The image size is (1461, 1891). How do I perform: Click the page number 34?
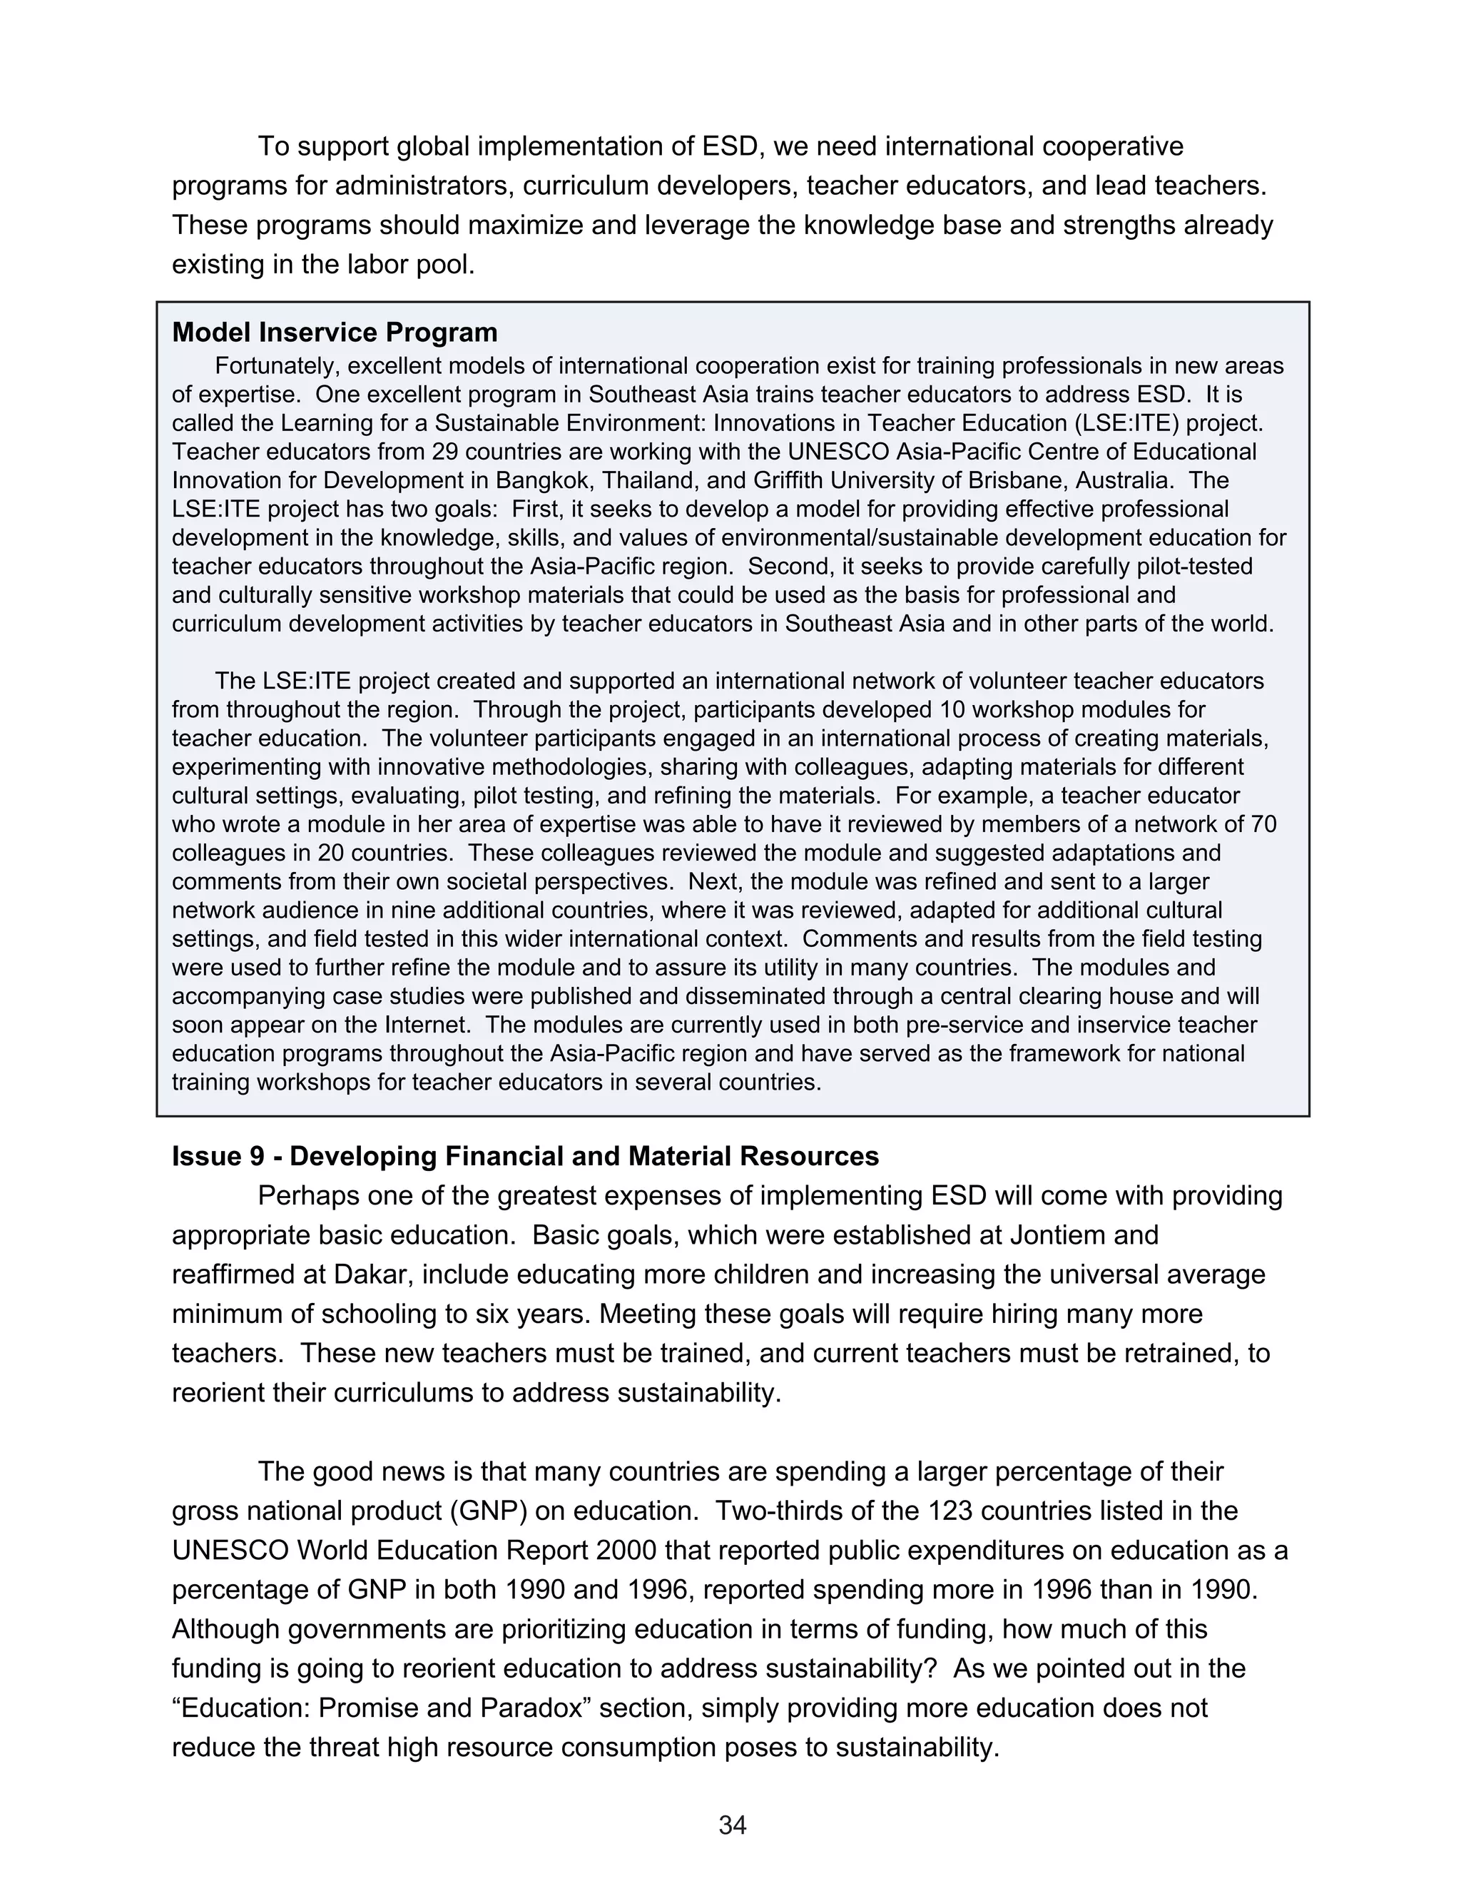[x=732, y=1825]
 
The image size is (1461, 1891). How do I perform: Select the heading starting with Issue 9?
[x=524, y=1156]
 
